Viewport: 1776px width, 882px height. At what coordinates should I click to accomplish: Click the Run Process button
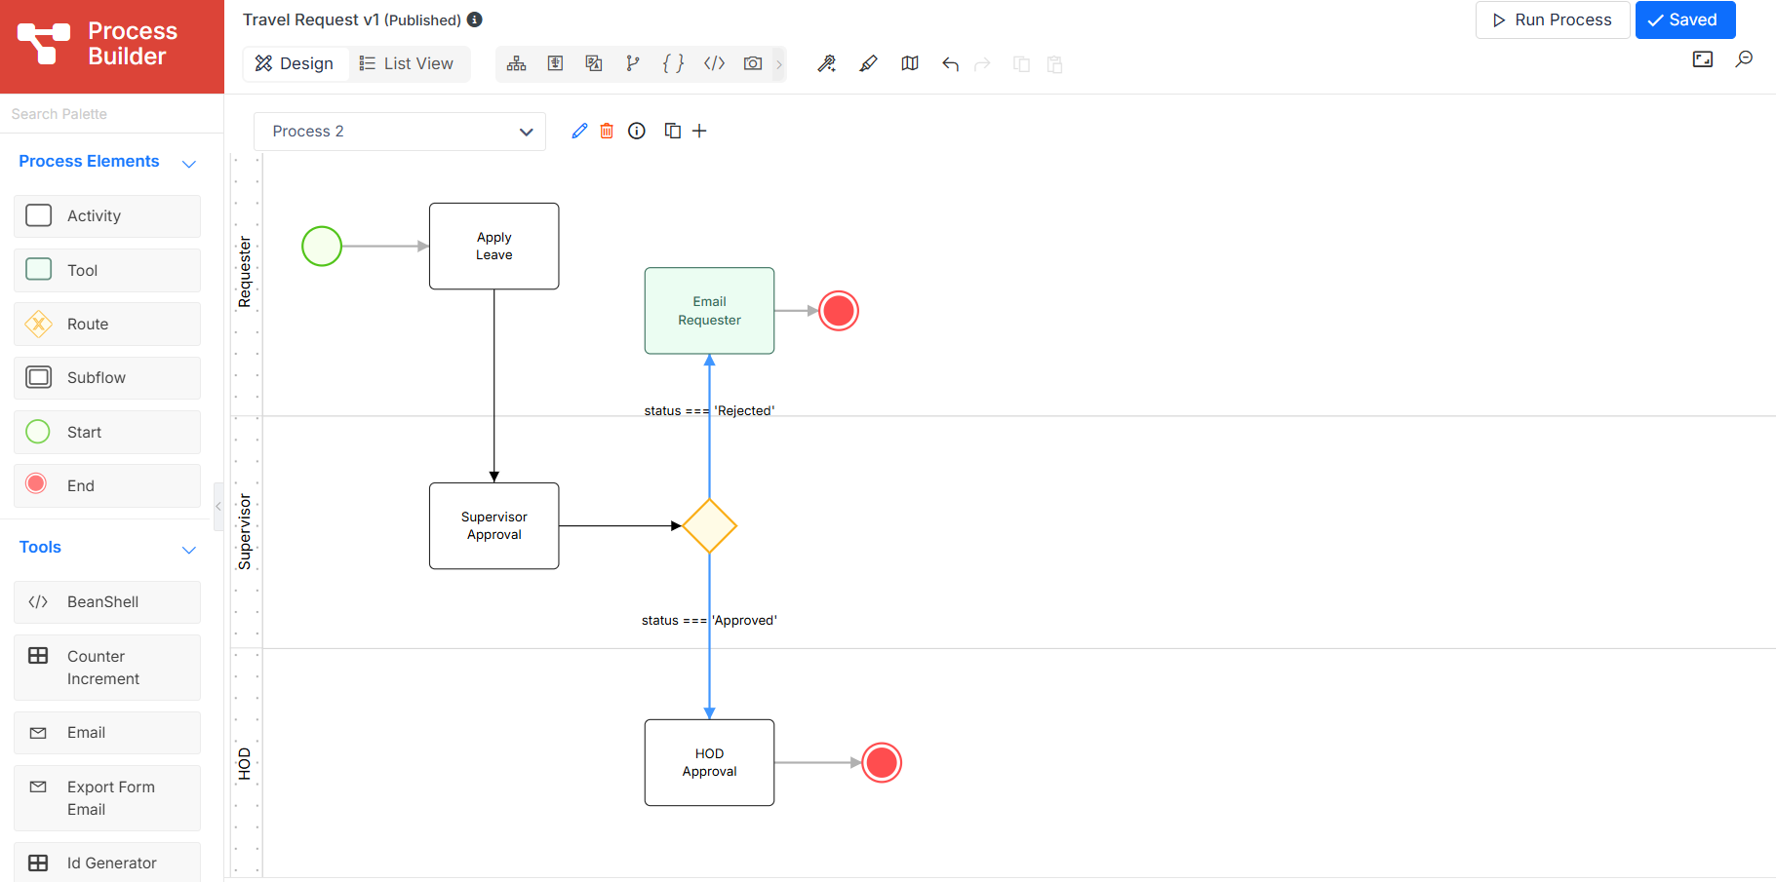point(1552,19)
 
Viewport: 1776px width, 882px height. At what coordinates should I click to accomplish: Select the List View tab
point(407,63)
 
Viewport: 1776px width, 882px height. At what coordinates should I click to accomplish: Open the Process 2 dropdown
point(400,132)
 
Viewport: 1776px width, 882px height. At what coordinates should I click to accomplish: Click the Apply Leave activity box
point(494,246)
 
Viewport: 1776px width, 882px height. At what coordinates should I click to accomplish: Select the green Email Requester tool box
point(709,311)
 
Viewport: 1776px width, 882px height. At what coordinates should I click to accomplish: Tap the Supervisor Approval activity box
point(494,525)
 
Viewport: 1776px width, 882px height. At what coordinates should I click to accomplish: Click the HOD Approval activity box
point(709,762)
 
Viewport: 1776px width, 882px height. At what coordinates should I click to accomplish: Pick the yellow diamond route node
point(709,526)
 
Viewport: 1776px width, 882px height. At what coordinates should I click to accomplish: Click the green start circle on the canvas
point(322,246)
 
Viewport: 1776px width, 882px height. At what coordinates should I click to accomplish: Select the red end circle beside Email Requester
point(839,311)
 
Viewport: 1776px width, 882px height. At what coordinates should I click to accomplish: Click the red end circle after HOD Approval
point(882,762)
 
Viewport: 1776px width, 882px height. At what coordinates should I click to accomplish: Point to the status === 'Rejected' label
point(709,410)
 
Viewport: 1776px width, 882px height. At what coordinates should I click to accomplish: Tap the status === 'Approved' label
point(709,620)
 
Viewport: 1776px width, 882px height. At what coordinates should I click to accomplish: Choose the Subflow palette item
point(107,378)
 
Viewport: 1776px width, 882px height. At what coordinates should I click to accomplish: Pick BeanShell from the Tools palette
point(107,602)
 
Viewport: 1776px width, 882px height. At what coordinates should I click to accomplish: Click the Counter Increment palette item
point(107,668)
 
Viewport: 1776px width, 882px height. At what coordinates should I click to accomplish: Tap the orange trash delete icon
point(607,131)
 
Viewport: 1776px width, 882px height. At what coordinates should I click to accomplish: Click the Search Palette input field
point(112,114)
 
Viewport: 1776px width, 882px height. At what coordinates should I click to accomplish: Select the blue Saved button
point(1684,19)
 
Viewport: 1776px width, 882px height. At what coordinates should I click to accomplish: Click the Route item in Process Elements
point(107,324)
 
